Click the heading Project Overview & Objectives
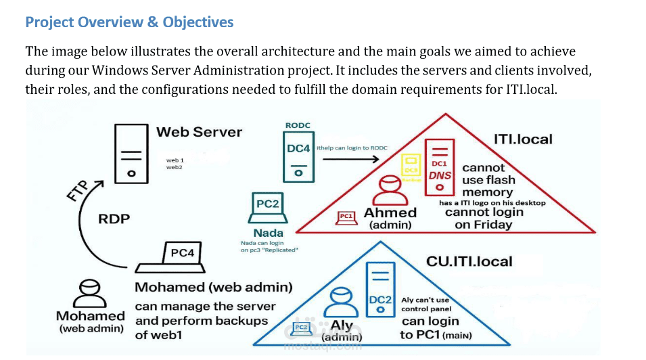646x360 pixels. pos(129,22)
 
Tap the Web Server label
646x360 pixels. pos(199,132)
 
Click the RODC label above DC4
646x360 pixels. pos(298,125)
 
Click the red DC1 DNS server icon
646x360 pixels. pos(439,163)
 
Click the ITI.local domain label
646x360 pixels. pos(523,139)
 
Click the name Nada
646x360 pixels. pos(269,233)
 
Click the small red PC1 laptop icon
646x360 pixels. pos(346,217)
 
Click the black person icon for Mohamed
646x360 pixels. pos(89,293)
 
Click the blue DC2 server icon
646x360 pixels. pos(380,288)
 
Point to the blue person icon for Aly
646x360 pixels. pos(342,302)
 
